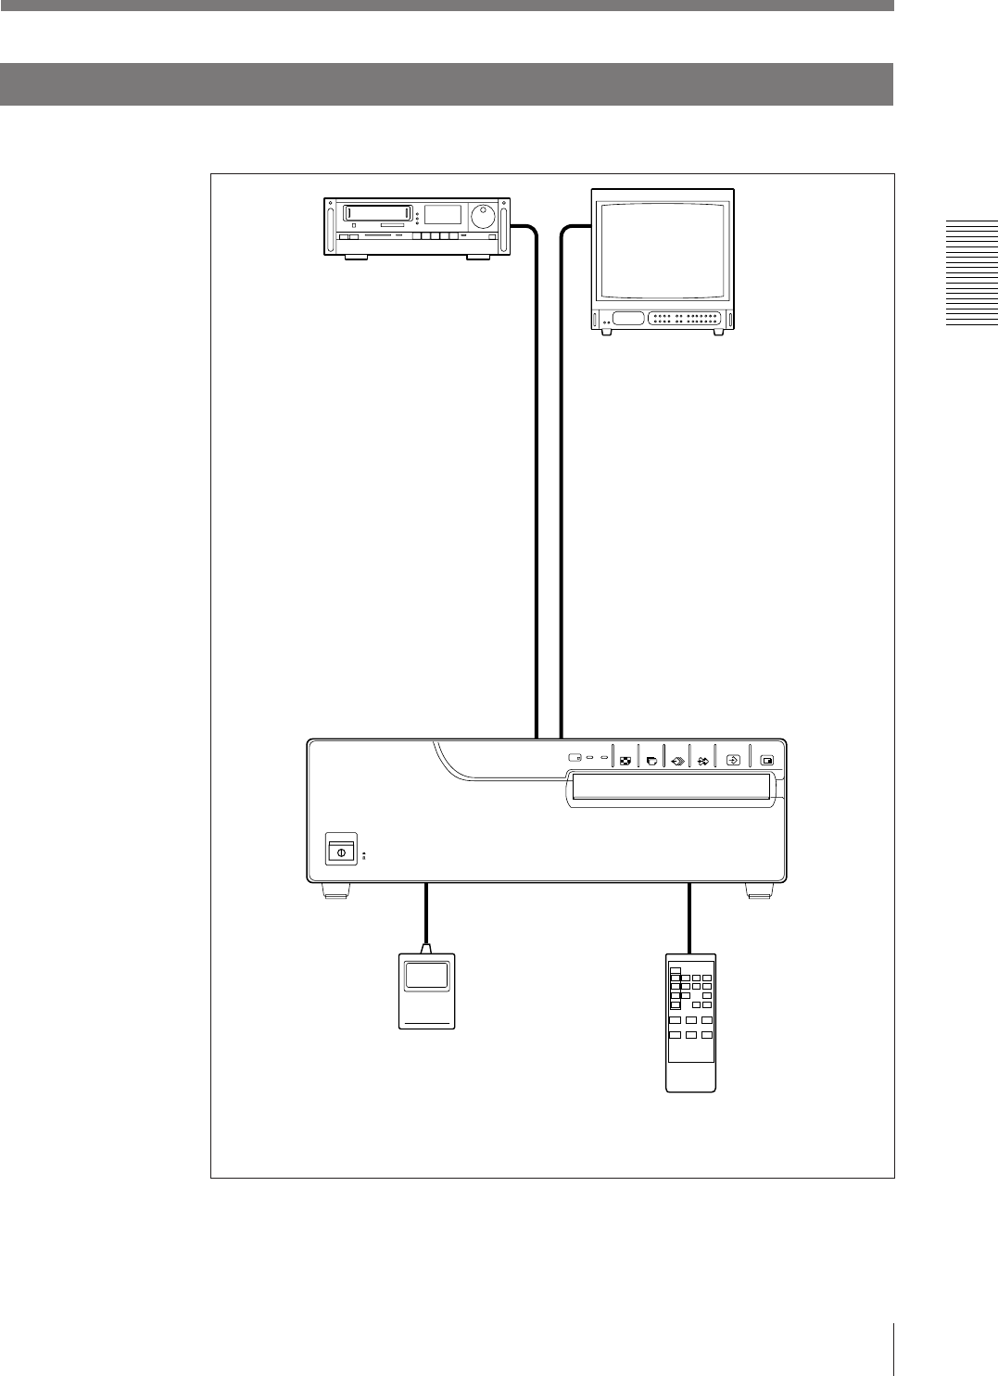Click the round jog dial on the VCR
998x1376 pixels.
click(481, 217)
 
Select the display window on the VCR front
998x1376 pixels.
click(442, 214)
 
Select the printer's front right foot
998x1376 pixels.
click(759, 892)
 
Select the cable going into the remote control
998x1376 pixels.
click(690, 917)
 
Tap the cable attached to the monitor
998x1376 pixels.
click(562, 482)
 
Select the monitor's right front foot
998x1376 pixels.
click(719, 332)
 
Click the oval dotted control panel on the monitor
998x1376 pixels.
click(685, 318)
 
